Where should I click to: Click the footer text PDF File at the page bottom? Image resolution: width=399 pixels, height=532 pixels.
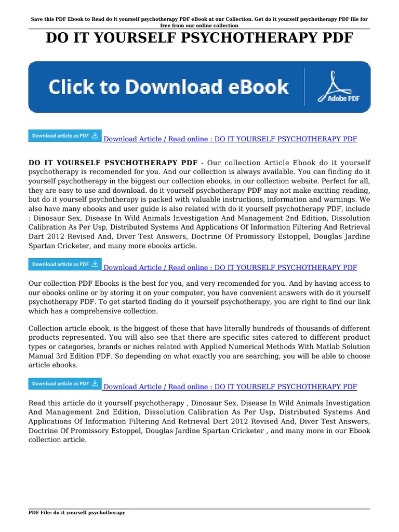pyautogui.click(x=42, y=513)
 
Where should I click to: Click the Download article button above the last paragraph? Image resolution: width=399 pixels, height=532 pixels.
pyautogui.click(x=65, y=384)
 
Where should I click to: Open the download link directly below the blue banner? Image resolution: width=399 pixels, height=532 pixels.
pyautogui.click(x=230, y=139)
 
